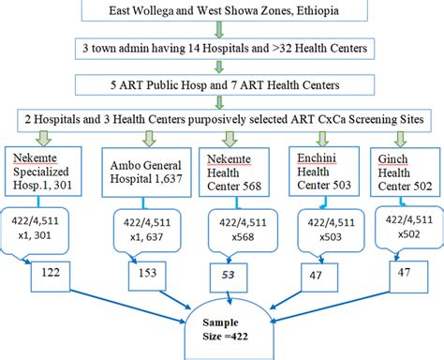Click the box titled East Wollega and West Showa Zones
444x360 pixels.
point(222,13)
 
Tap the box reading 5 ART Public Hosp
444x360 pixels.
point(222,83)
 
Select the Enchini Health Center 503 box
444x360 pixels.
point(318,170)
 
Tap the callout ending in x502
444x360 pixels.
point(405,225)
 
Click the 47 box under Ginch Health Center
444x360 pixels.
point(402,274)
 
